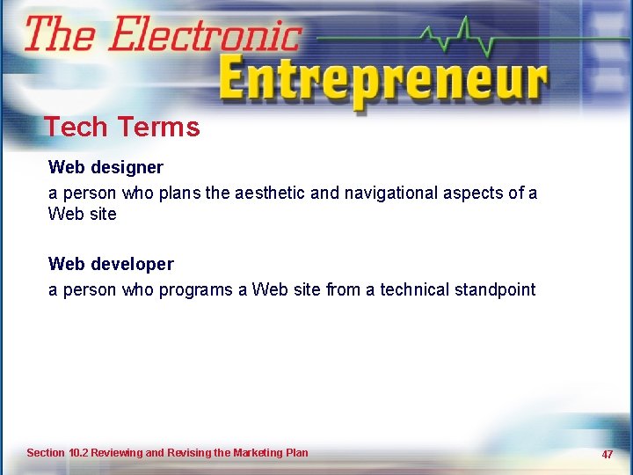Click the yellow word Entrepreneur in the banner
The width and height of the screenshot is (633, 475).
coord(382,81)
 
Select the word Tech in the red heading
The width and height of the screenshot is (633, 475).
coord(75,128)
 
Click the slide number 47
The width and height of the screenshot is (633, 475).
coord(607,454)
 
